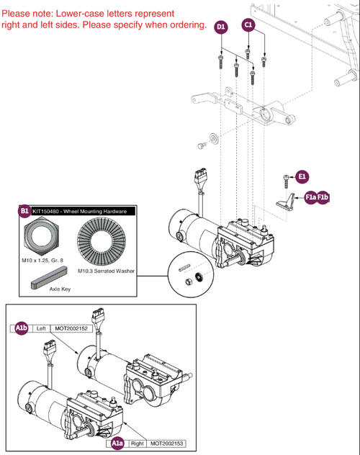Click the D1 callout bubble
click(221, 27)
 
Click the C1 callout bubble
click(249, 25)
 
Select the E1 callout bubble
click(302, 176)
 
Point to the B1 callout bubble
click(24, 212)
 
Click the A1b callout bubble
click(22, 328)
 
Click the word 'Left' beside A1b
click(41, 328)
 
